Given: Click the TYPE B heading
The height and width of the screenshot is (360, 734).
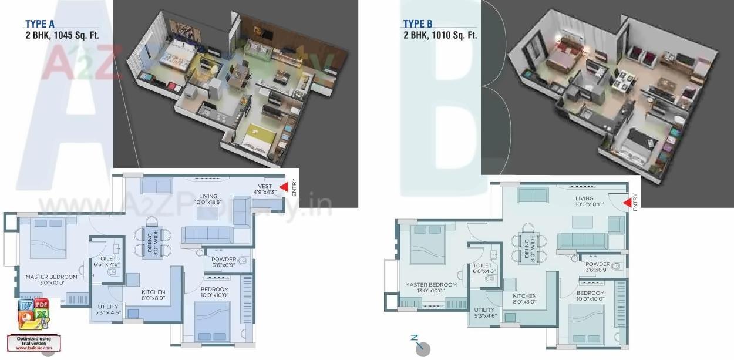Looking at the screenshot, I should click(417, 24).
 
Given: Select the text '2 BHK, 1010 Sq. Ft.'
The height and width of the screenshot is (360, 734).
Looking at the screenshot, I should click(440, 35).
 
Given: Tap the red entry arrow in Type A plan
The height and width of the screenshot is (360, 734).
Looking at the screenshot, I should click(283, 187).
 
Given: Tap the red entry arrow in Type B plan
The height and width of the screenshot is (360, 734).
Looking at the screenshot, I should click(627, 203).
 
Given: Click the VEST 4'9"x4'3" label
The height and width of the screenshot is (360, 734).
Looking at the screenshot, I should click(265, 189).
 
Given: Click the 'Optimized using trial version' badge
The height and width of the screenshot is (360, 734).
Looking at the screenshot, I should click(33, 342).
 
